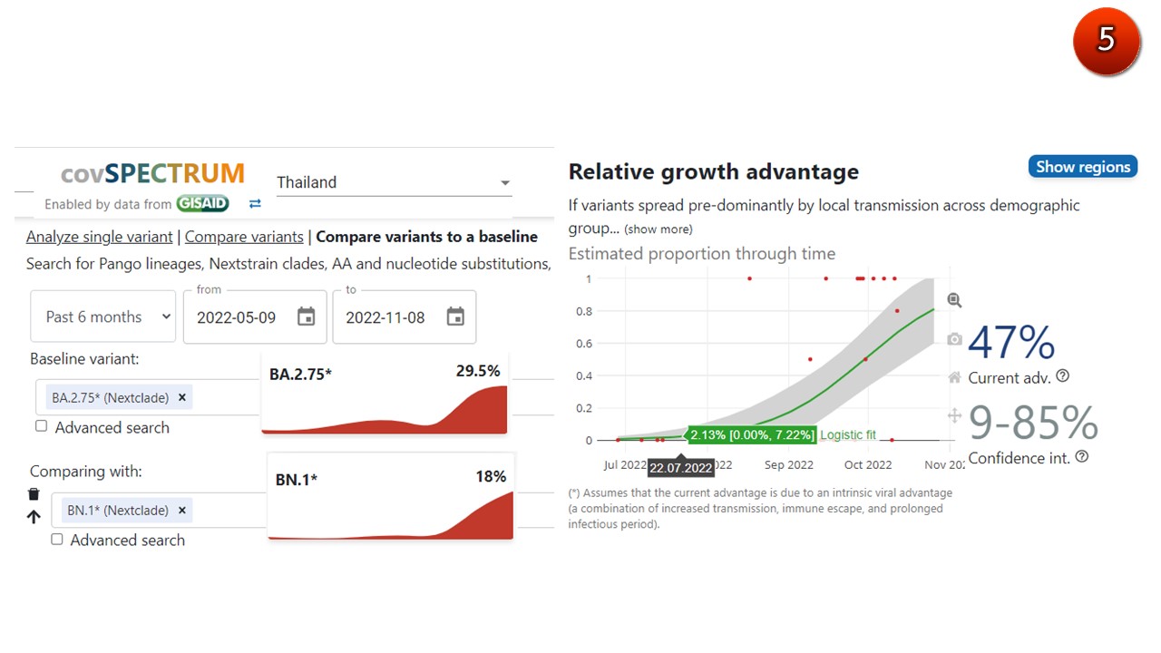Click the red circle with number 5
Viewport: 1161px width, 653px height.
click(1106, 41)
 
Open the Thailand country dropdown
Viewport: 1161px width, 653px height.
click(394, 182)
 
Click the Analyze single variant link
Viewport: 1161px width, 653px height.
click(99, 237)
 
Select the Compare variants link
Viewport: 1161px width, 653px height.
click(244, 237)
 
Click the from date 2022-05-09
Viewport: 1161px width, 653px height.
click(255, 317)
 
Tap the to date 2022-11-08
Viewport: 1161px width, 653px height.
click(404, 317)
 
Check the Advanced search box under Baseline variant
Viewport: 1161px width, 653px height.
click(42, 426)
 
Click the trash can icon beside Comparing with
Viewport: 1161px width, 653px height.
click(34, 494)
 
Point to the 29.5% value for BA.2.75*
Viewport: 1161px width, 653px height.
click(478, 371)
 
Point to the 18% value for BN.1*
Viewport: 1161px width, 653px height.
click(491, 476)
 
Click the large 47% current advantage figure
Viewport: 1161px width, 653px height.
click(1011, 344)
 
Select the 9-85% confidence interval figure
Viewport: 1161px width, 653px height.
click(1033, 423)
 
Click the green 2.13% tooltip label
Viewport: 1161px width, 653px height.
click(752, 435)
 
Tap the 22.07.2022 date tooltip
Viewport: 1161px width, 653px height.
click(680, 468)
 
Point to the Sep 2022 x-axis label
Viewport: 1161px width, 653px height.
click(788, 465)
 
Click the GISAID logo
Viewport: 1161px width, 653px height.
click(202, 204)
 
